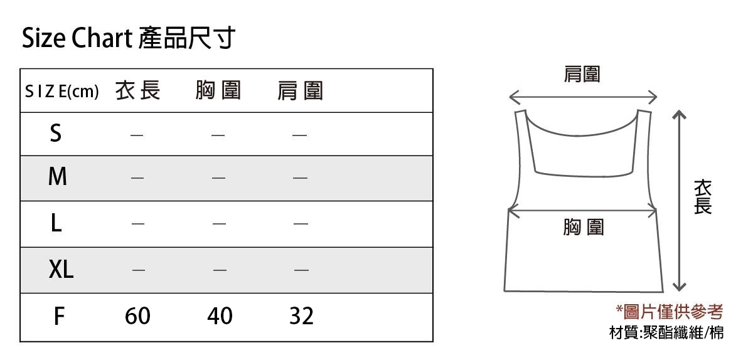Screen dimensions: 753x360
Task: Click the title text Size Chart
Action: [x=77, y=38]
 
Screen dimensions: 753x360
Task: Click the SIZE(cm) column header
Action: [x=62, y=91]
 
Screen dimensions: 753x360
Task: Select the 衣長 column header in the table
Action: [x=137, y=90]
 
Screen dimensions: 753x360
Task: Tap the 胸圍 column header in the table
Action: [x=218, y=90]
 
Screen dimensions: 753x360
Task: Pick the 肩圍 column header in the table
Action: [x=300, y=91]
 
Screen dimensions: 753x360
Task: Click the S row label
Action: [x=56, y=133]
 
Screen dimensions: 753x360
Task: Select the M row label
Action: [x=58, y=176]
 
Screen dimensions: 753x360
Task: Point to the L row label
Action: [x=56, y=223]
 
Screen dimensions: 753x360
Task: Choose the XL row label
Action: [x=61, y=269]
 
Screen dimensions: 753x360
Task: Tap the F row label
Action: [x=59, y=316]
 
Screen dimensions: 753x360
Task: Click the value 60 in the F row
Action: [x=137, y=316]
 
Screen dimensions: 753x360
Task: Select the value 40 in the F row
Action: [x=220, y=316]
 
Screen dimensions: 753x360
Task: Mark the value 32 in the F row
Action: [x=302, y=316]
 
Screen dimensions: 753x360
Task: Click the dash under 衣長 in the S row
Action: [x=137, y=135]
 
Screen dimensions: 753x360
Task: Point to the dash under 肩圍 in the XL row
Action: [x=301, y=270]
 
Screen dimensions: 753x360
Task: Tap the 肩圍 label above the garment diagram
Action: [x=582, y=74]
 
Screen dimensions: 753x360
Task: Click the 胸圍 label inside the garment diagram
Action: [x=584, y=227]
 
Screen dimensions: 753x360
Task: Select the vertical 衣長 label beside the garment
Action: [x=703, y=197]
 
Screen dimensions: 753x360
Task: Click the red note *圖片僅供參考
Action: [x=670, y=312]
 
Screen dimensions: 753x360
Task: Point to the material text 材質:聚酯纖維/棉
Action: [x=666, y=333]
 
